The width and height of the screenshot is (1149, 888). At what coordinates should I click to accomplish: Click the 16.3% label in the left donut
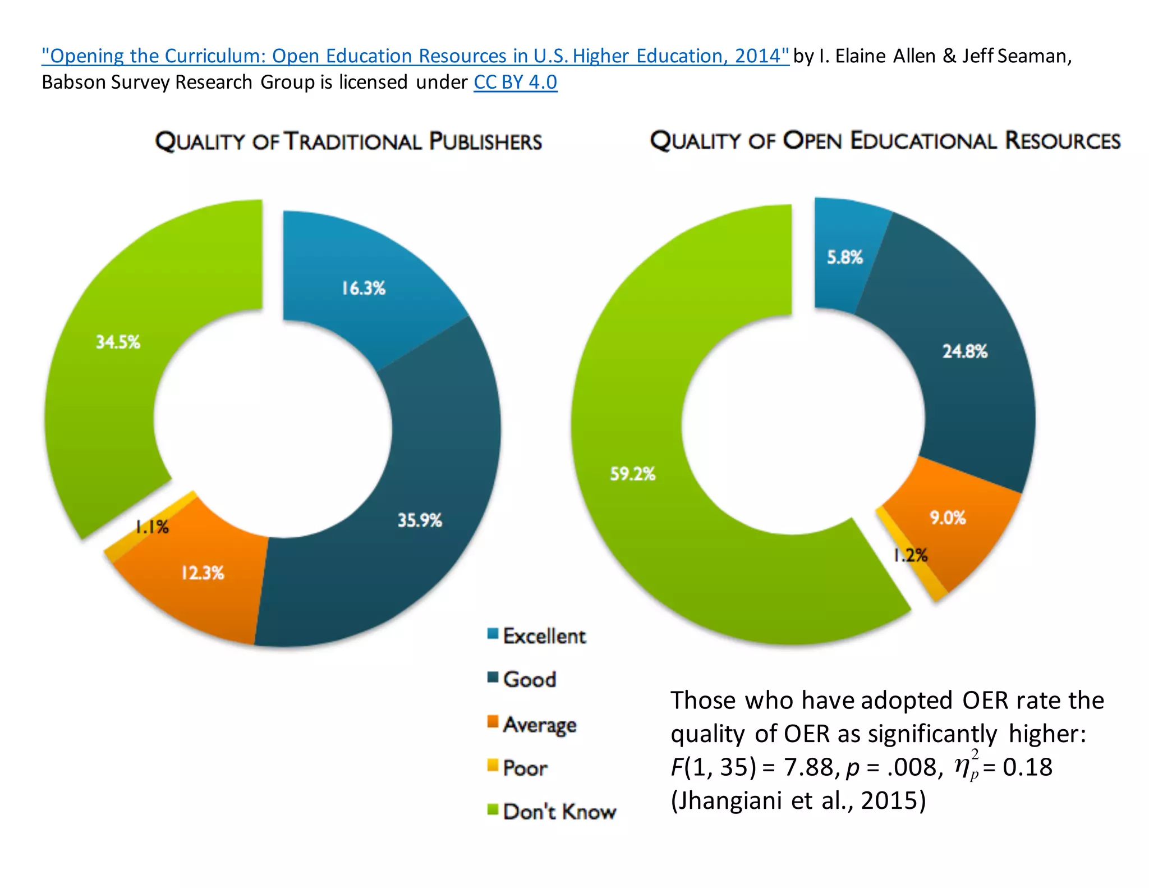pos(364,289)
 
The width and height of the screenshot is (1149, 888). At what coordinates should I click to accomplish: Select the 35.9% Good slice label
pos(420,520)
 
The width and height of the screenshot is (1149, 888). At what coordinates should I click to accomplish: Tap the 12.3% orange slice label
pos(202,573)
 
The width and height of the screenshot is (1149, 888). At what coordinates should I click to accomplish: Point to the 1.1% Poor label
pos(152,527)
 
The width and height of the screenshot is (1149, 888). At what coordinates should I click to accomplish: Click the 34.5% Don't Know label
pos(118,342)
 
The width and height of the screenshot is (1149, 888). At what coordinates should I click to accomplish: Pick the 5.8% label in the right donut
pos(844,258)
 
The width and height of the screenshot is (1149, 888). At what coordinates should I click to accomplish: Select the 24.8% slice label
pos(964,351)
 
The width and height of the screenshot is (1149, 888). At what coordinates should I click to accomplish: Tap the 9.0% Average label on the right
pos(948,518)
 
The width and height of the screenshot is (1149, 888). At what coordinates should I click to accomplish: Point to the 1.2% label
pos(910,556)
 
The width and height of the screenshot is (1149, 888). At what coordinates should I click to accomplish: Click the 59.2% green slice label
pos(632,474)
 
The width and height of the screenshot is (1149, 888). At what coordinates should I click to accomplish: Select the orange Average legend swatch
pos(493,722)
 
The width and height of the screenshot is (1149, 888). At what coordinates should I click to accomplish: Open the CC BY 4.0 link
pos(515,83)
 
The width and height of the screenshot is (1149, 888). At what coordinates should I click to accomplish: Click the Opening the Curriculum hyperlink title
pos(415,56)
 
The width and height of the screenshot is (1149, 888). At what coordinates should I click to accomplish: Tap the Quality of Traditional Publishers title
pos(348,141)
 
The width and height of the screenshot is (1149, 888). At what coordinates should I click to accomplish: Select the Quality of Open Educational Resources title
pos(885,140)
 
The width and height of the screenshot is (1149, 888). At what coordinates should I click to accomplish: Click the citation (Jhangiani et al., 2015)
pos(798,800)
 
